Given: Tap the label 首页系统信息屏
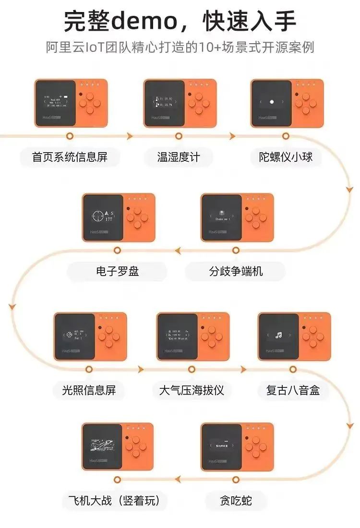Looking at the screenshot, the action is pos(70,157).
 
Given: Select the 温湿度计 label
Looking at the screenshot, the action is pos(179,157).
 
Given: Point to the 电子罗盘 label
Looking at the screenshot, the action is pos(117,271).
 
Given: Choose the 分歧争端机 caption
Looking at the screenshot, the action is pos(236,271).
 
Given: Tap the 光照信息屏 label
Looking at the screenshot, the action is pos(89,390).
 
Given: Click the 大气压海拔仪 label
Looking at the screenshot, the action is pos(192,390).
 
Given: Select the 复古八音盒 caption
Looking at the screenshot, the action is pos(293,390).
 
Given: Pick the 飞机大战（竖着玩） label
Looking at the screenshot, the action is pos(117,502).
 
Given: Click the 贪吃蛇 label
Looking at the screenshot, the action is pos(236,502).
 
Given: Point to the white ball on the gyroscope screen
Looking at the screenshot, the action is pos(272,102).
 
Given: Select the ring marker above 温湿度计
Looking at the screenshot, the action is pos(179,136).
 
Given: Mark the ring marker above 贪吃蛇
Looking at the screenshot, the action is pos(236,479).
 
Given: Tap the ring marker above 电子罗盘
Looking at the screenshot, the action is pos(117,250).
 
